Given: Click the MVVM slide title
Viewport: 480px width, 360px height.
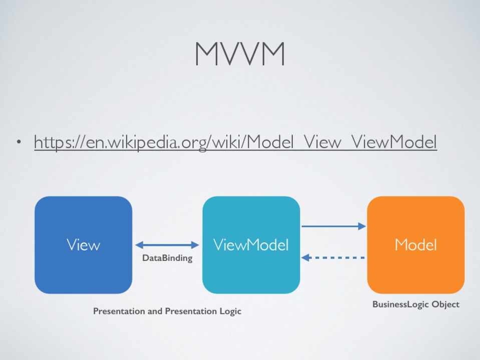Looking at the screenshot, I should point(240,53).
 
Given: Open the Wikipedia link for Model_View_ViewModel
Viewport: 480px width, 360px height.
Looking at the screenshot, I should point(235,142).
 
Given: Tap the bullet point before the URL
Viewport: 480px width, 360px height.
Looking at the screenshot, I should point(19,143).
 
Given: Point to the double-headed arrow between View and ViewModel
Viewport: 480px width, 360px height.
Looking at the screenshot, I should point(167,244).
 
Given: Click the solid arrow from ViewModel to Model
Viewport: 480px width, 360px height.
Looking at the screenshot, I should point(333,226).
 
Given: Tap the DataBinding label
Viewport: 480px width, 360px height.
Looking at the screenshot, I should point(167,258).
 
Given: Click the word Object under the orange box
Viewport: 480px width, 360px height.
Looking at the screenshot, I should point(445,304).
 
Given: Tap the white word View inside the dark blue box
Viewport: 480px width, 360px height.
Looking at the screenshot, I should point(83,244).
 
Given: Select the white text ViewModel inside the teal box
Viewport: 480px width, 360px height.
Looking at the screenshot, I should point(251,244).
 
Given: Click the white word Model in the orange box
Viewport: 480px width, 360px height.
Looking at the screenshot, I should point(415,244).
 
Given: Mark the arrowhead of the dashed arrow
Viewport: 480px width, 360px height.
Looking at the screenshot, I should point(306,257).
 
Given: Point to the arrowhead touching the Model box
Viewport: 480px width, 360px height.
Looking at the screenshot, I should point(362,226).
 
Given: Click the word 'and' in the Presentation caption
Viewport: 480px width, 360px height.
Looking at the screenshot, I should point(155,311).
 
